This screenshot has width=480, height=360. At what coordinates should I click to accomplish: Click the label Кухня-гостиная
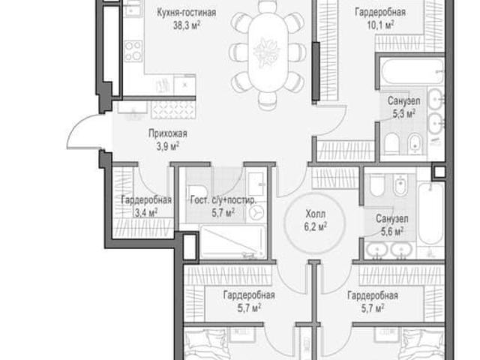point(187,13)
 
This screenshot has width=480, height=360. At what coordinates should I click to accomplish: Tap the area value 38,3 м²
point(187,25)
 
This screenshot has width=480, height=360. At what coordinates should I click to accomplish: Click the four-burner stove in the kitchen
point(133,51)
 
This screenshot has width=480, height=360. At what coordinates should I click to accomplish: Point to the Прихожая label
point(168,133)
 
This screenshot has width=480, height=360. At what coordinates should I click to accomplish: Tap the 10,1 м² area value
point(380,25)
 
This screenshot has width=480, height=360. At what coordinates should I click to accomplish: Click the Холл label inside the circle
point(315,214)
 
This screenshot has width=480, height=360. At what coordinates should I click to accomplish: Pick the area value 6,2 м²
point(315,226)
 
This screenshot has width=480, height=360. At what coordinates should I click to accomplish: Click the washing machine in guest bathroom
point(256,212)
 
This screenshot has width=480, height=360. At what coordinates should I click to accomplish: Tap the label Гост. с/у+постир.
point(223,200)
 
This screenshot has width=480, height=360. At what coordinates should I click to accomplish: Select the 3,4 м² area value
point(146,212)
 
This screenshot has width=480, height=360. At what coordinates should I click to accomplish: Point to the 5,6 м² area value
point(392,232)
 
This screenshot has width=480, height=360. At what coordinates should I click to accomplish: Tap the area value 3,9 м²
point(168,146)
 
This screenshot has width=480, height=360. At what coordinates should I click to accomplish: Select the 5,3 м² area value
point(404,113)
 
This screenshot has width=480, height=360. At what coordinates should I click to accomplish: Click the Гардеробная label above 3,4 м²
point(146,200)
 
